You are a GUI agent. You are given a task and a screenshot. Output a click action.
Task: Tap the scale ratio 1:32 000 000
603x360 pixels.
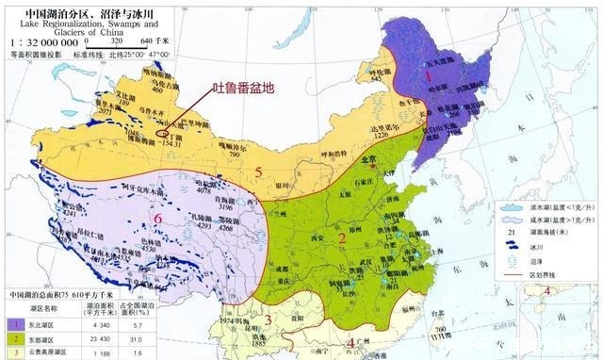click(41, 42)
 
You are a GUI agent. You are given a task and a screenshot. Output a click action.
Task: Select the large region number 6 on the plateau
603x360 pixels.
click(157, 219)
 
